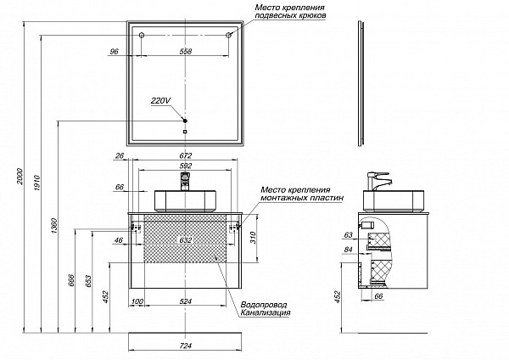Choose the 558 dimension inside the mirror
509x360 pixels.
point(186,52)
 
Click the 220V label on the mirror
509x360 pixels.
point(160,100)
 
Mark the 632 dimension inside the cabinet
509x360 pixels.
point(186,240)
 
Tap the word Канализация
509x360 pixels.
point(266,313)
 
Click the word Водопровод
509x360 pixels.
point(265,303)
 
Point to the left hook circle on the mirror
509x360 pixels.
point(142,35)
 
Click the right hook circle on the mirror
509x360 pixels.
point(229,35)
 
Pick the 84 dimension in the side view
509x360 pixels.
point(349,250)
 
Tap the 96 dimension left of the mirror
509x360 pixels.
point(114,52)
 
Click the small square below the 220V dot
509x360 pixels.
point(185,132)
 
